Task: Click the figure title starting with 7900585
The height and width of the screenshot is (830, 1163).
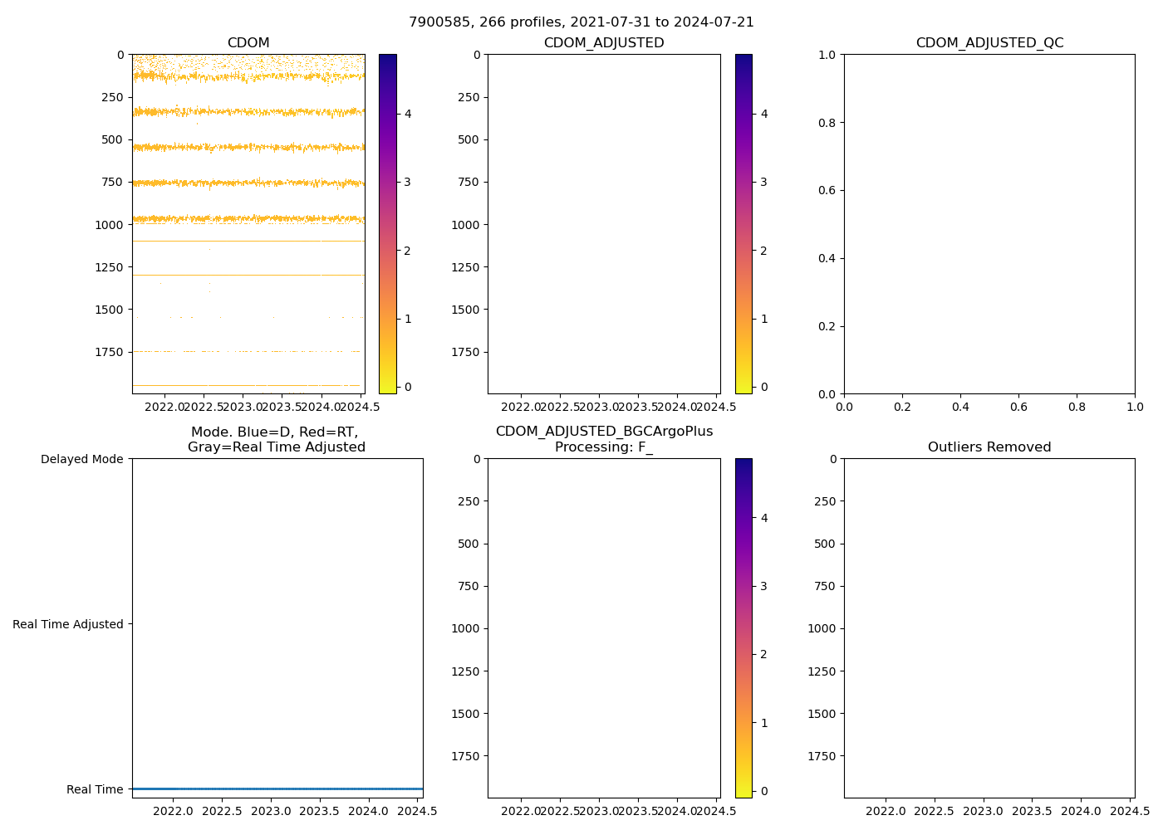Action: [581, 22]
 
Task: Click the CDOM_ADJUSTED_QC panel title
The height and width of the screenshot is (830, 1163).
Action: [989, 43]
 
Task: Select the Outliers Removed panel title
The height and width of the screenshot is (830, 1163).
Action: [989, 447]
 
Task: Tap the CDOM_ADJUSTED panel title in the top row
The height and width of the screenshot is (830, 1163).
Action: [604, 43]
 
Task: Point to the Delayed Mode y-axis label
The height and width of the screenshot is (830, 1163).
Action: [81, 459]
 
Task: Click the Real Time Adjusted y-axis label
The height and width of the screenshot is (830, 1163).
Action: [68, 624]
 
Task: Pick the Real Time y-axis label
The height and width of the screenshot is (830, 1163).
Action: [95, 789]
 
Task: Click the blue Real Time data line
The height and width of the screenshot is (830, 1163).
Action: [277, 788]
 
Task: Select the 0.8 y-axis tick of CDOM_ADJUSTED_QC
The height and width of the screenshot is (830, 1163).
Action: [826, 123]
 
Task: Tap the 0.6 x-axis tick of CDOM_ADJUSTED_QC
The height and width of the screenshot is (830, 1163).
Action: [1018, 407]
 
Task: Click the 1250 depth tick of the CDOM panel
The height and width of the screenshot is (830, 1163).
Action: [110, 267]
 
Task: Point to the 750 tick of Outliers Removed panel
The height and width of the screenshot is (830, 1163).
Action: [822, 586]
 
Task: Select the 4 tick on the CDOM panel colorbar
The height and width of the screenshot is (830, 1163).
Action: [408, 114]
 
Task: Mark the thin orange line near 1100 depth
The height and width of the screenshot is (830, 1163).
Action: [248, 241]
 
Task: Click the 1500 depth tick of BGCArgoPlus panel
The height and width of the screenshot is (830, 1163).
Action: [465, 714]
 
